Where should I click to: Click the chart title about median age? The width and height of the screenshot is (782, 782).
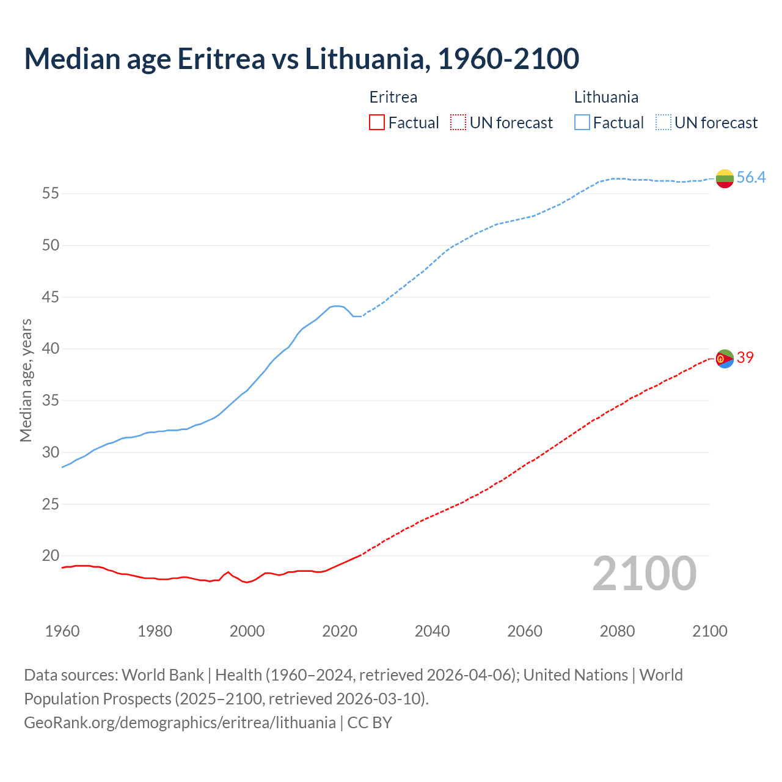[301, 59]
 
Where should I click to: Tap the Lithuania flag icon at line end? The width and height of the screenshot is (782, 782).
[725, 178]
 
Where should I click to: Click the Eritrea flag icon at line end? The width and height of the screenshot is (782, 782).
[725, 359]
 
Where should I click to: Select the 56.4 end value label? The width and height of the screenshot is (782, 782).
[751, 178]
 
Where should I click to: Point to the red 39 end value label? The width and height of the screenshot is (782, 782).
[745, 358]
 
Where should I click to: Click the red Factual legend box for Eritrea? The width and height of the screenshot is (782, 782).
[377, 123]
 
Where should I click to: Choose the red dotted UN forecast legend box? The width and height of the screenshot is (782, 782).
[458, 123]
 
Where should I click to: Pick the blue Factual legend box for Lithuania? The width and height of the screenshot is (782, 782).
[582, 123]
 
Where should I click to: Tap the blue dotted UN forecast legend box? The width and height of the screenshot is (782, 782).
[663, 123]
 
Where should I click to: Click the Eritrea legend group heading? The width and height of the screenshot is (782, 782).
[393, 97]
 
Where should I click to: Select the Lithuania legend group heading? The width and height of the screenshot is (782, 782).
[606, 97]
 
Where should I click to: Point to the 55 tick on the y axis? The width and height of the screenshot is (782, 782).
[50, 194]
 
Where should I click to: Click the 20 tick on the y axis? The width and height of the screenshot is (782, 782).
[50, 556]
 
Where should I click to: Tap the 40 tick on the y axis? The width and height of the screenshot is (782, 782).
[50, 349]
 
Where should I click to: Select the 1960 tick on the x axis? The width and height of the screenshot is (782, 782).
[62, 631]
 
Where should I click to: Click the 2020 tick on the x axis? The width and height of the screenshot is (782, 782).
[340, 631]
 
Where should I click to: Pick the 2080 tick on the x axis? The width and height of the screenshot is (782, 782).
[617, 631]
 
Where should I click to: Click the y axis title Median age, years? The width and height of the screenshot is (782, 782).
[26, 380]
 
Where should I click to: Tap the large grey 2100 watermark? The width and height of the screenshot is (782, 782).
[645, 574]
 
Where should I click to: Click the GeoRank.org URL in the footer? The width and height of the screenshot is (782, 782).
[180, 723]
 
